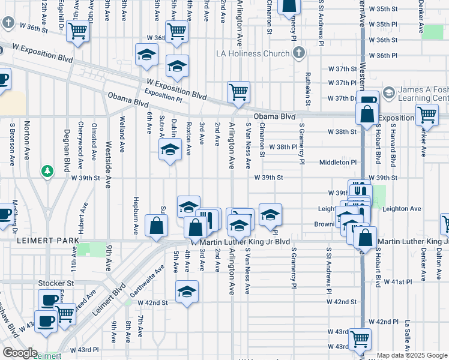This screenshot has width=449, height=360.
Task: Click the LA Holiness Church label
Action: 253,54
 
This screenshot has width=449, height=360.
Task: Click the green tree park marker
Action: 47,172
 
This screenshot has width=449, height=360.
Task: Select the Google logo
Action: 19,352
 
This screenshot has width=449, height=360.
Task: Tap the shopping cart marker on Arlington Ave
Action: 238,92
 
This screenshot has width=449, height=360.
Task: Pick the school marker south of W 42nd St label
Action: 186,292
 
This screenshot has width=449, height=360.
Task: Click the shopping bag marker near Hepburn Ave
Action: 156,226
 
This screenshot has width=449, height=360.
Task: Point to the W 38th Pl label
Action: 283,147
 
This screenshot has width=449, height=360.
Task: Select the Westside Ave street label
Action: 108,157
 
